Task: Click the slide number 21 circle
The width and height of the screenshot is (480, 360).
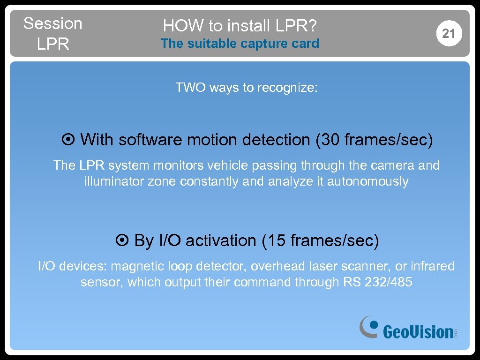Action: click(x=449, y=34)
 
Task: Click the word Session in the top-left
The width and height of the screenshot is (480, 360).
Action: click(x=52, y=23)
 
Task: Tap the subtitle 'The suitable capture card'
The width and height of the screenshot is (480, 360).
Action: click(x=240, y=44)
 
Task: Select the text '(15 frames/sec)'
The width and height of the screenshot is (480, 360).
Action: click(x=321, y=241)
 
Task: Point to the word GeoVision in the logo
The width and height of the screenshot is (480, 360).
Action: click(x=418, y=332)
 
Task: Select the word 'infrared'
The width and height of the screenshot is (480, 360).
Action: click(x=432, y=266)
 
